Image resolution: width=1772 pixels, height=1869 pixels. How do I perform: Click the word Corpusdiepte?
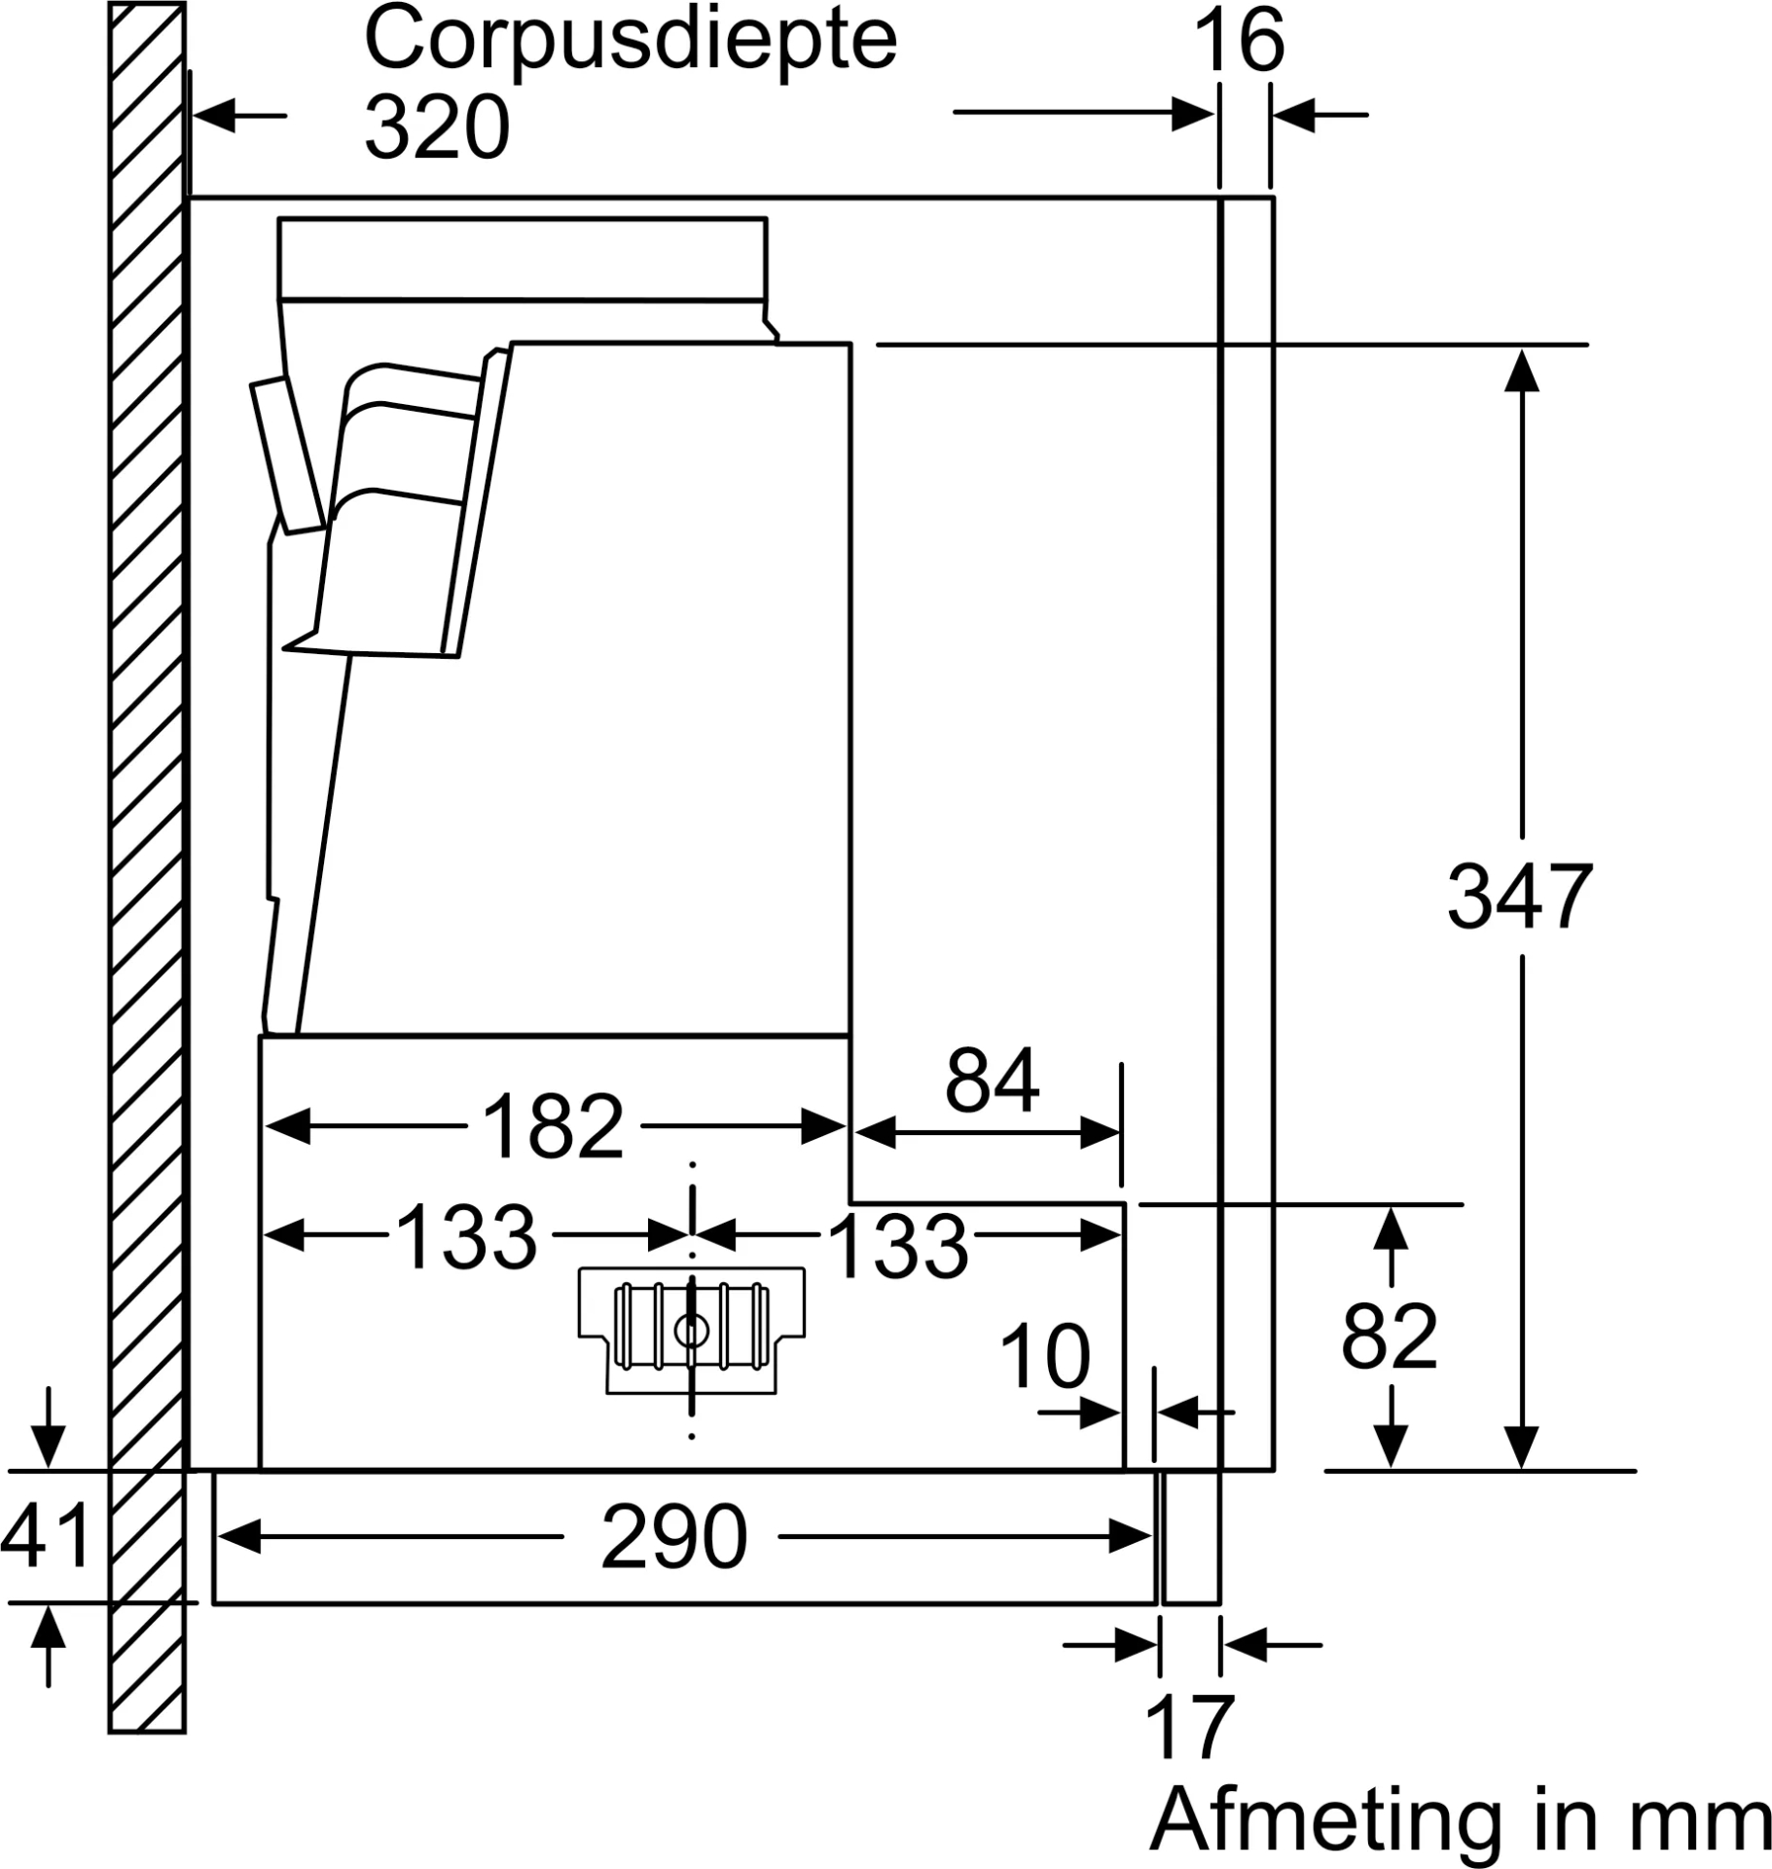coord(630,41)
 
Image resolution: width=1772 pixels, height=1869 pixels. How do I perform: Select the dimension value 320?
coord(437,128)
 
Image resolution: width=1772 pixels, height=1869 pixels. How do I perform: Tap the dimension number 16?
coord(1239,41)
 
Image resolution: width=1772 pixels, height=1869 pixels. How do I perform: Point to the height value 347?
coord(1519,897)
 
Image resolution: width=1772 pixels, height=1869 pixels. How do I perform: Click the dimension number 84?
coord(992,1081)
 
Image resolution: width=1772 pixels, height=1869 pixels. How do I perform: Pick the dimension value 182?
coord(552,1127)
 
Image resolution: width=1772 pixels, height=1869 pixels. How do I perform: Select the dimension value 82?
coord(1389,1337)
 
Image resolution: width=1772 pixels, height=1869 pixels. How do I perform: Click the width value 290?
coord(673,1537)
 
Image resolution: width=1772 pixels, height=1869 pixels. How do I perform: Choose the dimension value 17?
coord(1189,1727)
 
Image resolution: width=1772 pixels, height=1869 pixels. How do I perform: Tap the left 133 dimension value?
coord(466,1236)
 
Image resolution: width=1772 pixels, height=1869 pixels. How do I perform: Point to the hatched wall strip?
coord(147,876)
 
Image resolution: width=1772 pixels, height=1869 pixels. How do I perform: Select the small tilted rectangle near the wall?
coord(288,456)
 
